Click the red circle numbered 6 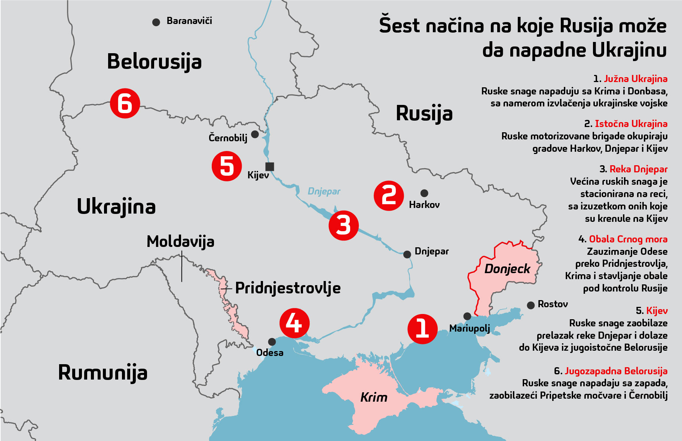point(125,104)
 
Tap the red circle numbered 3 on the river point(343,226)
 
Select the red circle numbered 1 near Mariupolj point(422,329)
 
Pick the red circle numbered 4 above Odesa point(294,323)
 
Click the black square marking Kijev point(269,166)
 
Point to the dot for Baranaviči point(156,22)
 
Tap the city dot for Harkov point(424,193)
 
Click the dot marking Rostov point(530,305)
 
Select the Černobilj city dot point(255,134)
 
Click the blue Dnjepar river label point(324,191)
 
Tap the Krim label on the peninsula point(373,397)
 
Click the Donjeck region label point(507,269)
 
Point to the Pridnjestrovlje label point(288,288)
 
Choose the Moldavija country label point(180,242)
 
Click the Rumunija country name point(103,372)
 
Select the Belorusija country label point(154,61)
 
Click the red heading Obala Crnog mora point(628,239)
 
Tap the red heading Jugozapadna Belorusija point(616,371)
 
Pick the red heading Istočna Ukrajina point(631,124)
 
